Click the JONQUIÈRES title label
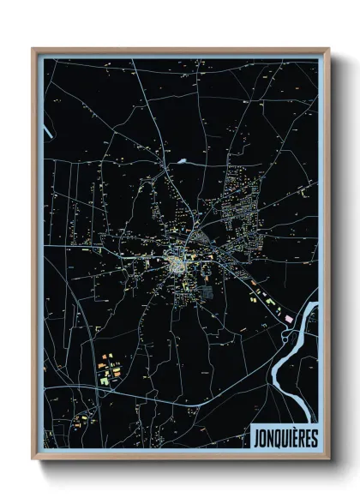(285, 438)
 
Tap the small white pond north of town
(183, 160)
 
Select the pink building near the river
(287, 318)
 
